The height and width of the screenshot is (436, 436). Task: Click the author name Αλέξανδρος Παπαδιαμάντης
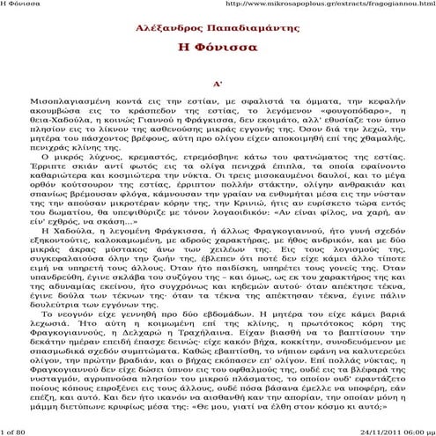click(x=217, y=28)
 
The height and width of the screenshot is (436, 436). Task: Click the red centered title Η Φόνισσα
click(x=217, y=46)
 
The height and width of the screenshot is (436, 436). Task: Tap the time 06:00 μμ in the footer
click(x=415, y=431)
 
